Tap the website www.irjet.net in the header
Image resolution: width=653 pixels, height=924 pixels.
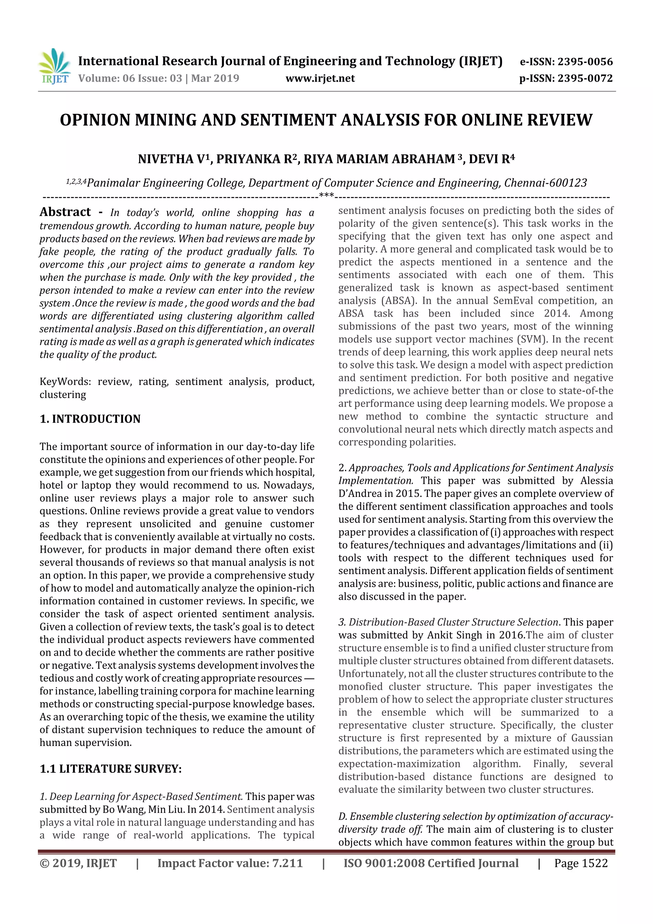tap(320, 78)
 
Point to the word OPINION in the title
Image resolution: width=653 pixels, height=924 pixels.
tap(95, 120)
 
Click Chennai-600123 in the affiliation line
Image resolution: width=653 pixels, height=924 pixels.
tap(545, 183)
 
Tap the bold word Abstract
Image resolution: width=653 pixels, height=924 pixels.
tap(65, 212)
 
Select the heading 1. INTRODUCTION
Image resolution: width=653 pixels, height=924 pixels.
tap(90, 419)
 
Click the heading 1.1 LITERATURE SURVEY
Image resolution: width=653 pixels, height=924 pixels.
tap(110, 769)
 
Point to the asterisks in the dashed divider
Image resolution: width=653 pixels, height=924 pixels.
tap(326, 196)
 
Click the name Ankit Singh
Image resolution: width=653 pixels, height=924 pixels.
tap(454, 635)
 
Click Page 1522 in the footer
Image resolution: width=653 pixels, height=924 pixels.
tap(581, 863)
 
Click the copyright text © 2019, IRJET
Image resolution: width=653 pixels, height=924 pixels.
tap(78, 863)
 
